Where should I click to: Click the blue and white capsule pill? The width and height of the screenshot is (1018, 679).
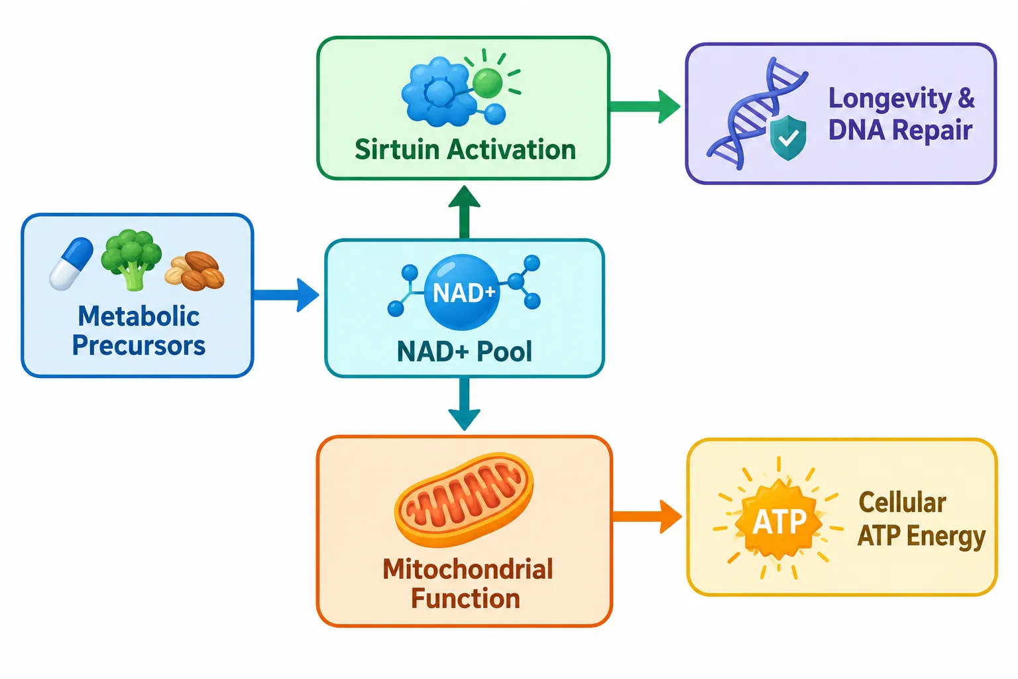(71, 263)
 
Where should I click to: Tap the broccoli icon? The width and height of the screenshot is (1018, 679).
(131, 259)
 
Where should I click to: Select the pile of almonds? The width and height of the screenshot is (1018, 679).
(194, 271)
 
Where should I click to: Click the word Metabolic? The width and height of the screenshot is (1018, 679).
(139, 316)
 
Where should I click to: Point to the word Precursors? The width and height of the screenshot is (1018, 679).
(139, 345)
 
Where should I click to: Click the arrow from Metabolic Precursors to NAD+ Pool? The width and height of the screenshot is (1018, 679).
(286, 294)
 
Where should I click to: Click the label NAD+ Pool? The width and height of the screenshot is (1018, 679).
(464, 351)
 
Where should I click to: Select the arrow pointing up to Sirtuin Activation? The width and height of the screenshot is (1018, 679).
(464, 212)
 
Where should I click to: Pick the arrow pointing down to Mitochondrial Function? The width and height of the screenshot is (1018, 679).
(464, 404)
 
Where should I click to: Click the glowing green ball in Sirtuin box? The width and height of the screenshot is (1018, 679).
(487, 83)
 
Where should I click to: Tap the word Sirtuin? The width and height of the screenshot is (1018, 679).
(397, 149)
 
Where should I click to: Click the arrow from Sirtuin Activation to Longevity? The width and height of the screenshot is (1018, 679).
(645, 106)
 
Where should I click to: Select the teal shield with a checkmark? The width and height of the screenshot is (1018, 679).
(788, 137)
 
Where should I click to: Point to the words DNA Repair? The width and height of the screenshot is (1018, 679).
(900, 129)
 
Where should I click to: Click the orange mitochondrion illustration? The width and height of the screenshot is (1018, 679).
(464, 499)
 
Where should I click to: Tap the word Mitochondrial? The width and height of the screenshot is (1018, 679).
(468, 569)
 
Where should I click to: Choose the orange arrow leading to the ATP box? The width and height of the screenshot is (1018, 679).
(647, 517)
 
